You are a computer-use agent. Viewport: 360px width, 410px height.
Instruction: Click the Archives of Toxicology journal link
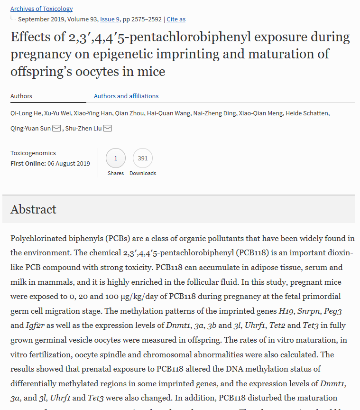click(x=42, y=9)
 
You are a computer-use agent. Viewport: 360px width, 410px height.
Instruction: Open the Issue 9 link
click(x=110, y=19)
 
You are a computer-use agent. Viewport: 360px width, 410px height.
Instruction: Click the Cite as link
click(x=176, y=19)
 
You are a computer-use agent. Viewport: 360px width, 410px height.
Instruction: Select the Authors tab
click(x=21, y=96)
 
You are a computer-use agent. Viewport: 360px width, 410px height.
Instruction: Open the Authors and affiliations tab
click(x=126, y=96)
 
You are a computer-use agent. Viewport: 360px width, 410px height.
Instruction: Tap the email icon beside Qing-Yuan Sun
click(x=56, y=129)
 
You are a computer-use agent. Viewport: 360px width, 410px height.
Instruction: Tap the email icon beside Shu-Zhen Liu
click(x=108, y=129)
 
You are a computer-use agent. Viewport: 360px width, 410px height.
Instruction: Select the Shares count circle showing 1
click(x=116, y=158)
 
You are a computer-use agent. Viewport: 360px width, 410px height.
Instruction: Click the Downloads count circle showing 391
click(x=143, y=158)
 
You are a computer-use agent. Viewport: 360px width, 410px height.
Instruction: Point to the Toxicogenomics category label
click(x=33, y=153)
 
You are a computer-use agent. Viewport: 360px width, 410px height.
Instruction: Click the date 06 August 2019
click(x=69, y=163)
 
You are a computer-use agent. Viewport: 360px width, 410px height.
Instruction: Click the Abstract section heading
click(x=33, y=209)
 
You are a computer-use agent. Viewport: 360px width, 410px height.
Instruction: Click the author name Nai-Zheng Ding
click(x=217, y=113)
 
